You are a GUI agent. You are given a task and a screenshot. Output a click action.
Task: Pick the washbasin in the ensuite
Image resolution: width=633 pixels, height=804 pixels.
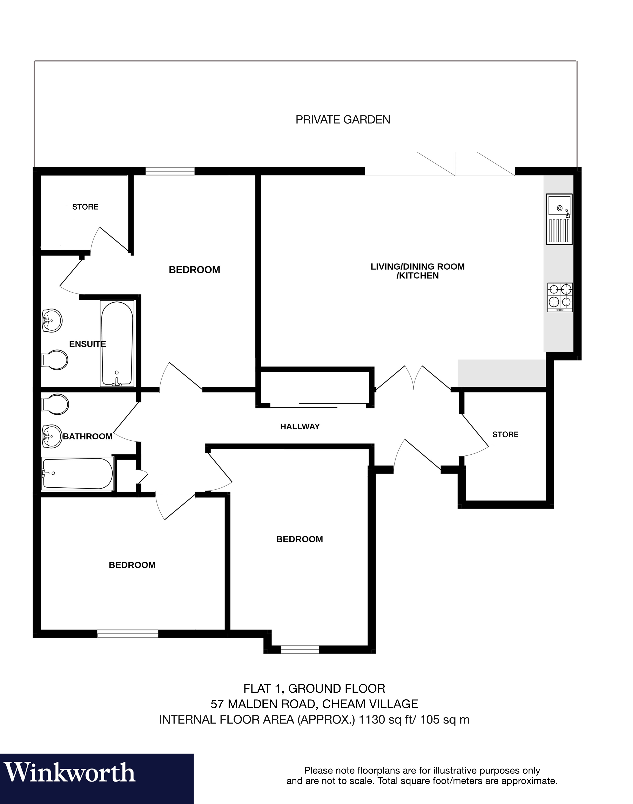pos(52,320)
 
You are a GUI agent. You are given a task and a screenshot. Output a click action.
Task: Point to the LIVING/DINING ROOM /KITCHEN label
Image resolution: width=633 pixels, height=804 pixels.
pos(417,271)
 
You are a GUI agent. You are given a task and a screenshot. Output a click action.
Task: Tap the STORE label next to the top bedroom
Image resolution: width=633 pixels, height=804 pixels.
pos(85,206)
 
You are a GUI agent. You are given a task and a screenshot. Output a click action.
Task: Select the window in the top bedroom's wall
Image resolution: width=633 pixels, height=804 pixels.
pos(170,171)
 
